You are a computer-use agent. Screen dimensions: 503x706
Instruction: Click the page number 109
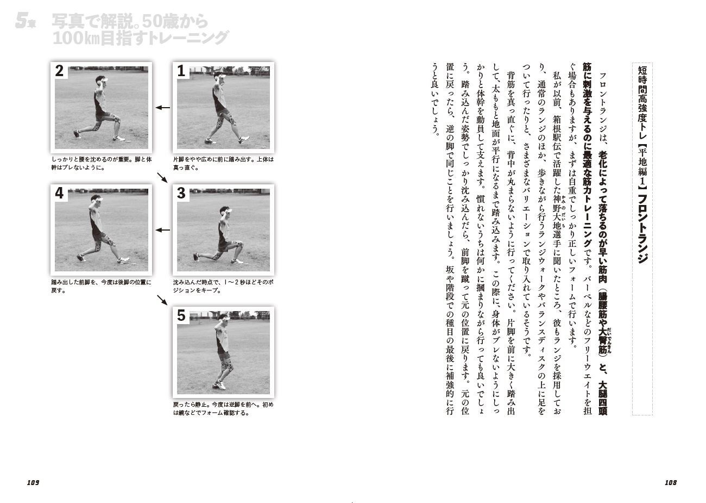pyautogui.click(x=33, y=482)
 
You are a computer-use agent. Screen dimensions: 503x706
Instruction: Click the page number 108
pyautogui.click(x=670, y=482)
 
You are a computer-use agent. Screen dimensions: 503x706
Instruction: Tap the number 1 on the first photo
pyautogui.click(x=181, y=71)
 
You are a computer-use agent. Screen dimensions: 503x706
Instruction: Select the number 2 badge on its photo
pyautogui.click(x=59, y=71)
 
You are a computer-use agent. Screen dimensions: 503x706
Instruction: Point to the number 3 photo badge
pyautogui.click(x=181, y=193)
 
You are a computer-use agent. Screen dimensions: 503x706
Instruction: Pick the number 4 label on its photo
pyautogui.click(x=59, y=193)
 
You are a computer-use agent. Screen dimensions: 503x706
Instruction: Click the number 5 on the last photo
pyautogui.click(x=181, y=315)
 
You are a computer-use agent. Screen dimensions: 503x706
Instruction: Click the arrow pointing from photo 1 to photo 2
pyautogui.click(x=162, y=108)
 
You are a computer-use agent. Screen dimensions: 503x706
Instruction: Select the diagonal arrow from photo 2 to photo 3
pyautogui.click(x=162, y=177)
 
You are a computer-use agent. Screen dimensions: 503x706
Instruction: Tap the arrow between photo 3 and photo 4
pyautogui.click(x=162, y=230)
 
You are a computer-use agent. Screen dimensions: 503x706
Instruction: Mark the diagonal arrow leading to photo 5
pyautogui.click(x=162, y=300)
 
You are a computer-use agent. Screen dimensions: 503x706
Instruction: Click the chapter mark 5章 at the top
pyautogui.click(x=26, y=21)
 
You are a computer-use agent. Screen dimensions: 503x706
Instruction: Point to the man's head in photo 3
pyautogui.click(x=225, y=212)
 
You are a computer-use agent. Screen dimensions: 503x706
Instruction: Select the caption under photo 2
pyautogui.click(x=102, y=164)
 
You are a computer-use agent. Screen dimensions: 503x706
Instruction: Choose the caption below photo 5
pyautogui.click(x=223, y=409)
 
